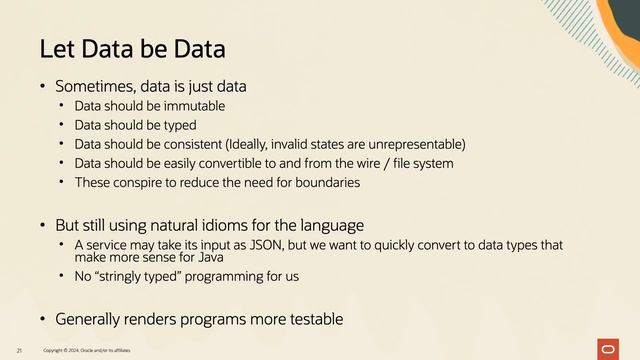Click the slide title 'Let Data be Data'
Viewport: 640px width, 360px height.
131,48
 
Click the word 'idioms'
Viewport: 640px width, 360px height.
236,224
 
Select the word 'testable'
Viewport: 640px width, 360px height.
308,319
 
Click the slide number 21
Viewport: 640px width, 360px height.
19,350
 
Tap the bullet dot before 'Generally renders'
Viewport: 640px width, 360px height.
42,319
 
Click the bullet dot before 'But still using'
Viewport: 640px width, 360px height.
42,224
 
